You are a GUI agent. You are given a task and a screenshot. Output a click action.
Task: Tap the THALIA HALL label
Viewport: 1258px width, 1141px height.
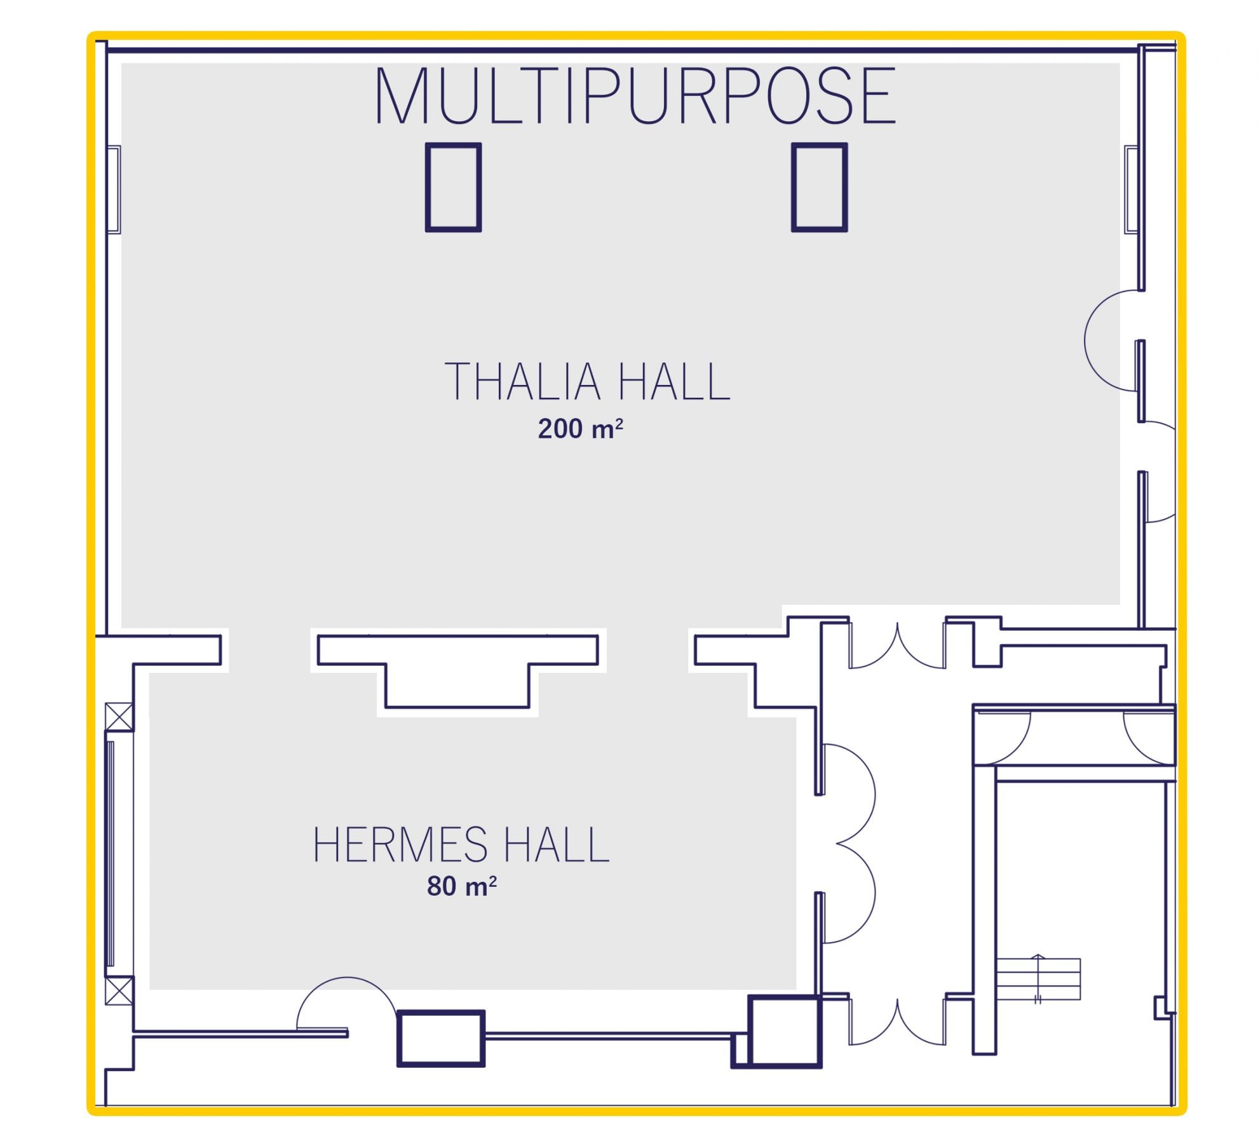pos(587,381)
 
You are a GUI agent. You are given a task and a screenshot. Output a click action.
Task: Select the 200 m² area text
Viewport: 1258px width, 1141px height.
pos(580,429)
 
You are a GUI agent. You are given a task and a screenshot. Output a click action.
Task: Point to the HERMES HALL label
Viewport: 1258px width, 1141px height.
pos(461,844)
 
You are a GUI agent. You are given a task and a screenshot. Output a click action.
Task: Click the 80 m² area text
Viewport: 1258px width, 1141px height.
pos(461,886)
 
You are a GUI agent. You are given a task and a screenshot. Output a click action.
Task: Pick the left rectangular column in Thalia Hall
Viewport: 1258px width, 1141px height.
pos(453,187)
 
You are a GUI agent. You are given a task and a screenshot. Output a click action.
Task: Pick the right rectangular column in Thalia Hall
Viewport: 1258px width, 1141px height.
pos(819,187)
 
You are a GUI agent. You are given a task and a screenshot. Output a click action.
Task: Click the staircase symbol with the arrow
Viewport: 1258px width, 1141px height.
pos(1038,979)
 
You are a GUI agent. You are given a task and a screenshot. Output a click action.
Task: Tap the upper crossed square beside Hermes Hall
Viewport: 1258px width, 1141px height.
pos(119,717)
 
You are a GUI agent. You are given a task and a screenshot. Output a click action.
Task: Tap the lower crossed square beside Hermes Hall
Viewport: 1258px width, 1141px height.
pos(119,991)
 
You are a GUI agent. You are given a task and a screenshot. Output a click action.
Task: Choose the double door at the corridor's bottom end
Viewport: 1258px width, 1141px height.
pos(897,1022)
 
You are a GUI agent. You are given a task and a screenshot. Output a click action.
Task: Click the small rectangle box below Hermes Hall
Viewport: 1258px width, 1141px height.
pos(441,1038)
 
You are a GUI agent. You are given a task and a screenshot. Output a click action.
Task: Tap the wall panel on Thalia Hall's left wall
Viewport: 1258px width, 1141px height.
pos(114,189)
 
